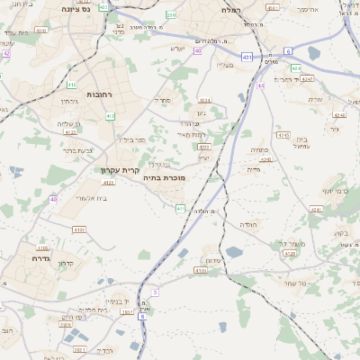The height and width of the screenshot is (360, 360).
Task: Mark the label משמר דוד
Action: pyautogui.click(x=292, y=244)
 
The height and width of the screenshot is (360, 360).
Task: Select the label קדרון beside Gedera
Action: pyautogui.click(x=64, y=264)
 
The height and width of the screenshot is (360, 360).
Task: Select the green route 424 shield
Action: pyautogui.click(x=295, y=67)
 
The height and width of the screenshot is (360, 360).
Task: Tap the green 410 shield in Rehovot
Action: pyautogui.click(x=71, y=85)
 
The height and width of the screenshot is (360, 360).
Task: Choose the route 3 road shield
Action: pyautogui.click(x=155, y=292)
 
